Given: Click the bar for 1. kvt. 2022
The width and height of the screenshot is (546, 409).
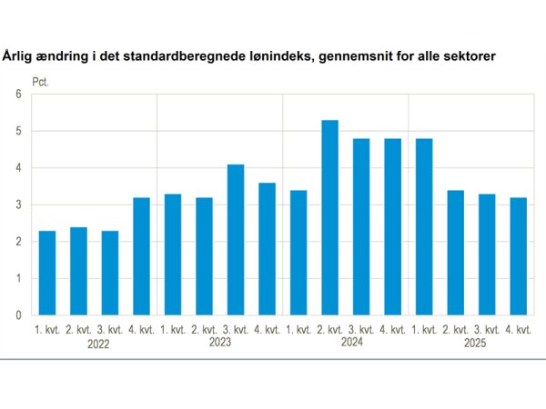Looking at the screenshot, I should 47,273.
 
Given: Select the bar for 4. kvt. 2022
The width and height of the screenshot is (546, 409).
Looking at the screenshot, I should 141,255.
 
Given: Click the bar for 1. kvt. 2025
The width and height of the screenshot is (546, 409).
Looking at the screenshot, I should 422,226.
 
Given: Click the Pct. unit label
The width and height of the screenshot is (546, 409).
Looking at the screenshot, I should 42,81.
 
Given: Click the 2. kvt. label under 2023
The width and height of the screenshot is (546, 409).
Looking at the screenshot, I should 204,328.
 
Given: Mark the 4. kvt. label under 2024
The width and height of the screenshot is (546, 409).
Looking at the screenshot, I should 391,328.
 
